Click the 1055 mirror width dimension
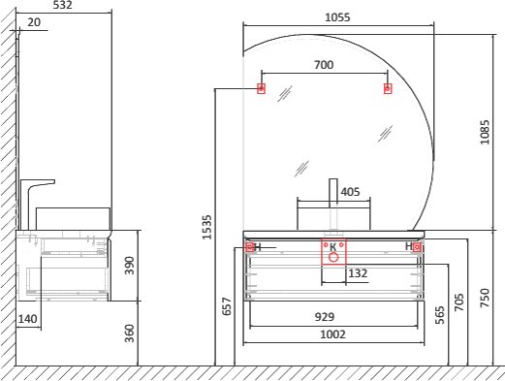337,17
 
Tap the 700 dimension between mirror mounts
324,65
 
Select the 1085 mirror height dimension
485,132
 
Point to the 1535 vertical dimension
206,227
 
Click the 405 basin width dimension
350,192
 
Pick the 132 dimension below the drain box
358,273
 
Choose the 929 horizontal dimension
325,317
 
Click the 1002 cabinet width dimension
332,334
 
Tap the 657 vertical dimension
227,306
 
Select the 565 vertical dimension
440,315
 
